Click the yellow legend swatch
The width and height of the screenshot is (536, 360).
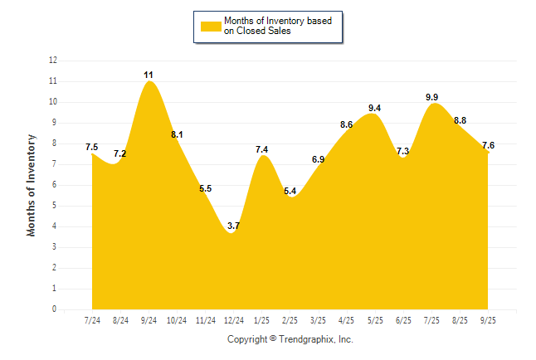pos(210,26)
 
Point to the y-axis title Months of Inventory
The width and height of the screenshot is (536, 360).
pos(32,185)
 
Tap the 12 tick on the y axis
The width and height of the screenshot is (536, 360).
pos(53,61)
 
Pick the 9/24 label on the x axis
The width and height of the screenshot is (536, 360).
pos(149,320)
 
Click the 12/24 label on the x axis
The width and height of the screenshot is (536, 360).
pos(233,320)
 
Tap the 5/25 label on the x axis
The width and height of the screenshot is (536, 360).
pos(374,320)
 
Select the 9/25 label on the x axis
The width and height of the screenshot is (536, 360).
pos(487,320)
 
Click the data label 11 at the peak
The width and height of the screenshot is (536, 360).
pos(149,75)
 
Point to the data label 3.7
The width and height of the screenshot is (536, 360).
pos(233,226)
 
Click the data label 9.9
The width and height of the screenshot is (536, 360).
pos(432,97)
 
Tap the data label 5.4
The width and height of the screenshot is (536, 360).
pos(290,191)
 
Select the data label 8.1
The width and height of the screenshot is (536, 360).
pos(177,134)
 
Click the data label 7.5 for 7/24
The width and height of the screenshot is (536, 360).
pos(92,147)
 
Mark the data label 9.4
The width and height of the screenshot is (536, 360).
pos(374,108)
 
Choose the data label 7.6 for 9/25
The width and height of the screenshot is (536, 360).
pos(487,144)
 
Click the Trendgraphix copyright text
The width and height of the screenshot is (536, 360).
pos(290,339)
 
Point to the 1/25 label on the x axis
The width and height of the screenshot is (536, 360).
pos(261,320)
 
